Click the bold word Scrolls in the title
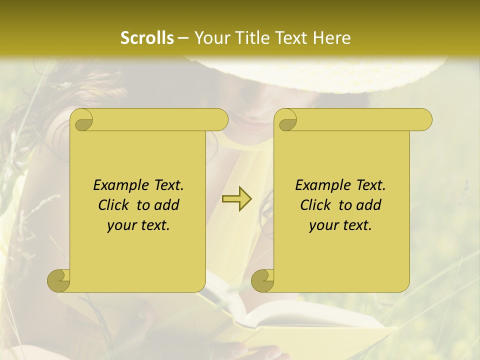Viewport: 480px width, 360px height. coord(147,38)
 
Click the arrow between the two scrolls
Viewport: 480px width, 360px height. coord(237,199)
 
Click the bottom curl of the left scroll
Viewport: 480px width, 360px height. coord(59,281)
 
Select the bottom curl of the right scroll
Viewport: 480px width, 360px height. coord(263,281)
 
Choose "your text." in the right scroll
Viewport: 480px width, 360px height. coord(340,225)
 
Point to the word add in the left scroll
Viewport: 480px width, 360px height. coord(167,205)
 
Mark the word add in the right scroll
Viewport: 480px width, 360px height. coord(369,205)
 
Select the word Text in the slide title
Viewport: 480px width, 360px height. coord(293,38)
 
